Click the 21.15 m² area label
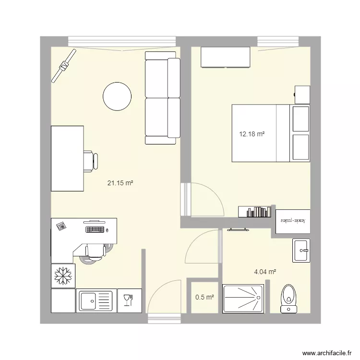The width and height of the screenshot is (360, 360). click(120, 183)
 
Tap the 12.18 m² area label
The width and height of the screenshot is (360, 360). click(252, 134)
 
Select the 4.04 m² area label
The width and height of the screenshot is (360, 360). click(265, 272)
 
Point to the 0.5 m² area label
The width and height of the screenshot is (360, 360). click(204, 297)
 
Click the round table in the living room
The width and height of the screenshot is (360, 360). click(117, 96)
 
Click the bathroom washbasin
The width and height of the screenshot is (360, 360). click(301, 250)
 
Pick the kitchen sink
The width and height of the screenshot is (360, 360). click(95, 301)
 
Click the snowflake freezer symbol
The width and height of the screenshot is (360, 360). click(62, 276)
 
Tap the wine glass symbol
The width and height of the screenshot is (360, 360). click(128, 300)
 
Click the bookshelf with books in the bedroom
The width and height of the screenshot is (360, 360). click(254, 212)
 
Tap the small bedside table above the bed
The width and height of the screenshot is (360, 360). click(302, 95)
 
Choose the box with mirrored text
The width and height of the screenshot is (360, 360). click(293, 221)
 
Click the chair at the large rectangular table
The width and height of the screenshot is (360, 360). click(90, 161)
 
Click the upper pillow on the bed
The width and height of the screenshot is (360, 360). click(300, 119)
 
